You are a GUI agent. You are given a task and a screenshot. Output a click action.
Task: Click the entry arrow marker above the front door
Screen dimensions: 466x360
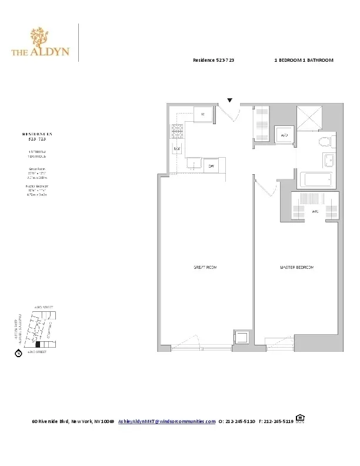click(230, 101)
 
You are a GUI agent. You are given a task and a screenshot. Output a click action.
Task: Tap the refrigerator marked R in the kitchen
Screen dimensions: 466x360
click(203, 114)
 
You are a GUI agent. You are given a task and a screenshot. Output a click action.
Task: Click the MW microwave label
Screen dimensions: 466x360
click(176, 149)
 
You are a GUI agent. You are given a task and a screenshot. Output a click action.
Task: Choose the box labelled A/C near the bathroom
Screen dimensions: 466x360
click(284, 135)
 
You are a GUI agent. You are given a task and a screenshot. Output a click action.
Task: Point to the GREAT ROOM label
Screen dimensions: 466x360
click(206, 268)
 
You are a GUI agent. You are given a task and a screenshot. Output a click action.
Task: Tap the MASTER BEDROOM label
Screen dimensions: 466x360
click(297, 268)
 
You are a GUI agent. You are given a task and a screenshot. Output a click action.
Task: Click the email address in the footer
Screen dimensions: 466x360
click(166, 421)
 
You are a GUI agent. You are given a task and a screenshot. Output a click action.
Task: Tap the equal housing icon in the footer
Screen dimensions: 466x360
click(300, 419)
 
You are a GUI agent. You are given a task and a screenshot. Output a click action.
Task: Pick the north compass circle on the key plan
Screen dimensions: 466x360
click(18, 354)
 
